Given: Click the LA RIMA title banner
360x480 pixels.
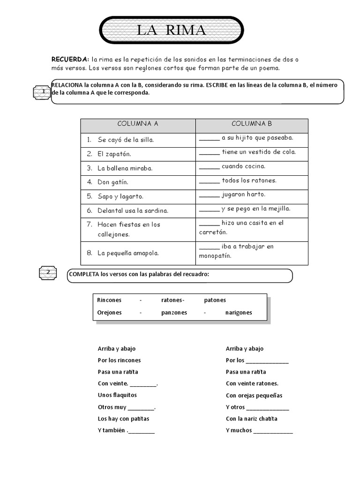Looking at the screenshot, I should [x=171, y=30].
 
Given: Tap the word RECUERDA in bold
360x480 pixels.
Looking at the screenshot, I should [x=70, y=60].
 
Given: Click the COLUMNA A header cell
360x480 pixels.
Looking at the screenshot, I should [x=138, y=124].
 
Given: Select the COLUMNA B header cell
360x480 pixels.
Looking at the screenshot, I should [x=252, y=124].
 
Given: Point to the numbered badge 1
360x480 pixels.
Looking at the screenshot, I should [x=44, y=92].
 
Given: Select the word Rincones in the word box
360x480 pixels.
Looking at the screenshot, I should [x=109, y=300].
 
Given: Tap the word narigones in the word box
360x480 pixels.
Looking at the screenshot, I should [x=238, y=313].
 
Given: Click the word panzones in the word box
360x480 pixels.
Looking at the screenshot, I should [x=174, y=313].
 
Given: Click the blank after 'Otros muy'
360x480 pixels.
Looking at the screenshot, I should [x=141, y=408].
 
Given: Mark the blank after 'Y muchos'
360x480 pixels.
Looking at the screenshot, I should [x=273, y=431].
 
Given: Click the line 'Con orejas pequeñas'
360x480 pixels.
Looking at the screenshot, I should [x=254, y=396].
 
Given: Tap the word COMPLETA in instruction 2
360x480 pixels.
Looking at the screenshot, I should [x=83, y=274].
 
